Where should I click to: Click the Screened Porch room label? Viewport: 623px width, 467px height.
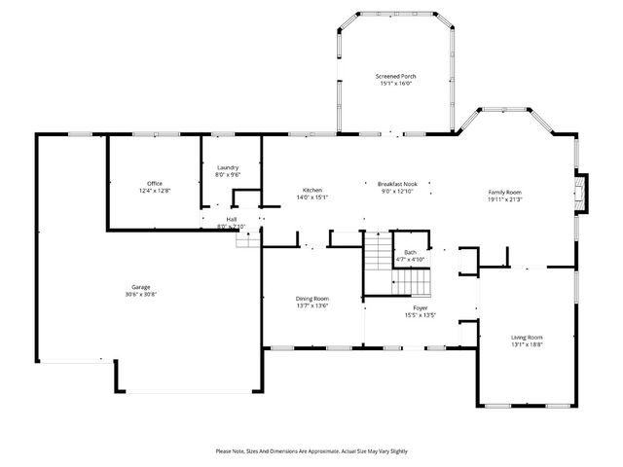395,76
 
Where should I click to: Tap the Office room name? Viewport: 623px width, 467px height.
154,184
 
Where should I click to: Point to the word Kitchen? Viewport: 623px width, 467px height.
311,190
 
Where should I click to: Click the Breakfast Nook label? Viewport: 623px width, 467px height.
397,184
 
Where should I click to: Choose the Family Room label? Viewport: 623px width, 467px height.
504,192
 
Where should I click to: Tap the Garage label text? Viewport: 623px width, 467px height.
141,287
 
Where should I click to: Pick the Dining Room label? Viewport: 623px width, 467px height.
311,298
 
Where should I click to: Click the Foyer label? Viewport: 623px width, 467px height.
420,308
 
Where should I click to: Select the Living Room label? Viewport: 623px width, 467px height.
527,337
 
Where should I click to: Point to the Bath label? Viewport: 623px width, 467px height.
410,252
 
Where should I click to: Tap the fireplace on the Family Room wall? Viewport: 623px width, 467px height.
581,192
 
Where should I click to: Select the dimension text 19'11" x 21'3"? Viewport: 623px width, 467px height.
504,198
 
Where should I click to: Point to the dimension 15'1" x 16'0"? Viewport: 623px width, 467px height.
395,83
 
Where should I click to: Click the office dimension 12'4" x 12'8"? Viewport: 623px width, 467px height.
154,191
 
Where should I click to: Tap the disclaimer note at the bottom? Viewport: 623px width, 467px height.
311,451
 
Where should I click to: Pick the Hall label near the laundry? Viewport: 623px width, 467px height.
232,220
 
